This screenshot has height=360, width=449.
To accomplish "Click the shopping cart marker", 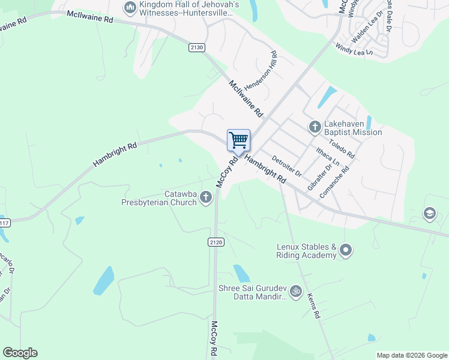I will coord(238,140).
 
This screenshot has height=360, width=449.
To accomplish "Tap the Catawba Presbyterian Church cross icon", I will coord(206,197).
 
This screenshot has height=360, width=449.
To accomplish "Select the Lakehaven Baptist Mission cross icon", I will coord(315,127).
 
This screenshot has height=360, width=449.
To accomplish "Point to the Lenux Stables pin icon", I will coord(345,250).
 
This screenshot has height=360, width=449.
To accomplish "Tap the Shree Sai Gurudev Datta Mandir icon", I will coord(295,292).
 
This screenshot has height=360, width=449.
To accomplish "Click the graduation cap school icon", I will coord(429,214).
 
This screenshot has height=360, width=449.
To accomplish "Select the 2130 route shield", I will coord(196,47).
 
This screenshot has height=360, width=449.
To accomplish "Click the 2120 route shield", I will coord(216,242).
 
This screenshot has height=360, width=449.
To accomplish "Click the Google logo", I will coord(20,353).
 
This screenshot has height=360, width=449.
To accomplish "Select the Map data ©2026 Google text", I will coord(411,355).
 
